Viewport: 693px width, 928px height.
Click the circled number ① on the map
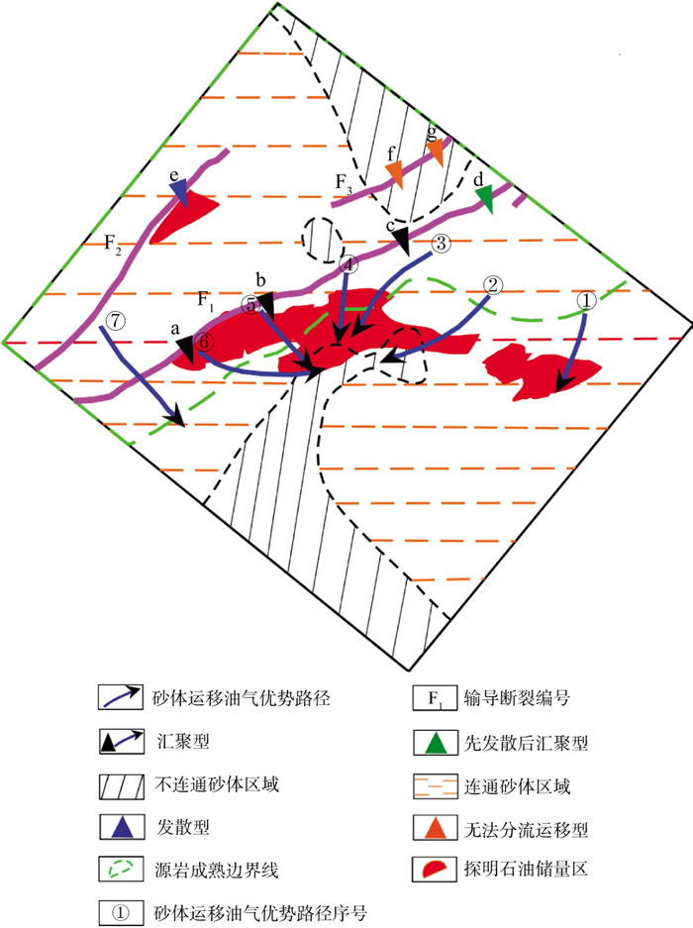(x=585, y=298)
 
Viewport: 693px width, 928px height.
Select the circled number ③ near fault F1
(x=441, y=243)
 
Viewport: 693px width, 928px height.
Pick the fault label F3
(x=343, y=182)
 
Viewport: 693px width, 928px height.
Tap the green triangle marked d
(x=484, y=200)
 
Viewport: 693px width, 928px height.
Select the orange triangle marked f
(x=395, y=172)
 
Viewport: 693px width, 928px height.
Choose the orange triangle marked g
(x=436, y=150)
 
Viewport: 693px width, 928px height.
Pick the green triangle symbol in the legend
(x=433, y=740)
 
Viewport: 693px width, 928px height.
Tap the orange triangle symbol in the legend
(x=433, y=826)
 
